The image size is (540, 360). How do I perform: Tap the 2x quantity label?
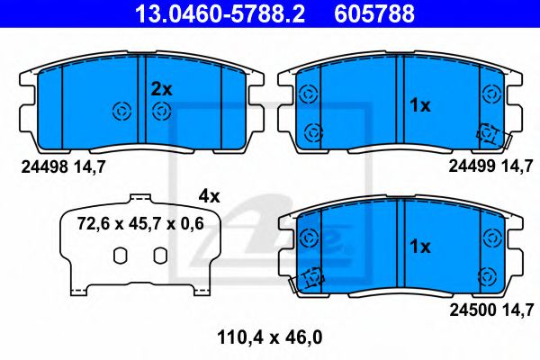(161, 88)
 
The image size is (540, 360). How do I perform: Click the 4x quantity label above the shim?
(210, 194)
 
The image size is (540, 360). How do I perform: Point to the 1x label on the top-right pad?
(420, 105)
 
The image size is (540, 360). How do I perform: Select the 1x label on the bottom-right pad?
(420, 246)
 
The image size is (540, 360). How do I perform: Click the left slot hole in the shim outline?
(119, 256)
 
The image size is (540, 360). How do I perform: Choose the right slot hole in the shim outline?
(159, 256)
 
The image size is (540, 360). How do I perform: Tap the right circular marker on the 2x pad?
(162, 111)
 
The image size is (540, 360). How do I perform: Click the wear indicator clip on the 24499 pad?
(491, 133)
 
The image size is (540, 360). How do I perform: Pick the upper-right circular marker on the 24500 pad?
(491, 238)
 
